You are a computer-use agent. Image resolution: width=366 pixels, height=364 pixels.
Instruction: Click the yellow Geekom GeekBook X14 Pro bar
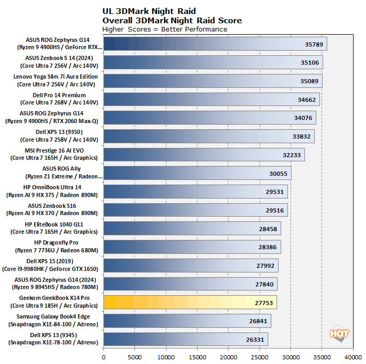tap(190, 302)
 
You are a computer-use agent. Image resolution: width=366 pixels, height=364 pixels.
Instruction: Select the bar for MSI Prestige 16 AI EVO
tap(204, 155)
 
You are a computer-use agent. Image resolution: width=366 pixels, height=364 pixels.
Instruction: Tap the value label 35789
tap(314, 44)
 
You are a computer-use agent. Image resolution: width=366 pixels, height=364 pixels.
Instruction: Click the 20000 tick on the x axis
tap(228, 357)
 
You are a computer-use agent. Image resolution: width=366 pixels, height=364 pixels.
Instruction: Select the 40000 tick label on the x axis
tap(353, 357)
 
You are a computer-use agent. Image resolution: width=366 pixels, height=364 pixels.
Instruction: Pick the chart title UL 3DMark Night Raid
tap(149, 11)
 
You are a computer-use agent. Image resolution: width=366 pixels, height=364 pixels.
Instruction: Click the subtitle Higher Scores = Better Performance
tap(165, 29)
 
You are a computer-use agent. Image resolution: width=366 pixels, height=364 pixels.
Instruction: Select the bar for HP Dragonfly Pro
tap(192, 247)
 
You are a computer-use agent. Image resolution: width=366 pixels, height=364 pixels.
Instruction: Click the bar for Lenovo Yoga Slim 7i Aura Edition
tap(213, 81)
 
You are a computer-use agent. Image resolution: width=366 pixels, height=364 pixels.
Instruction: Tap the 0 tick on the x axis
tap(104, 357)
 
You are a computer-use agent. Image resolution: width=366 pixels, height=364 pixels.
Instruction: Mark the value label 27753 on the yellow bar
tap(264, 302)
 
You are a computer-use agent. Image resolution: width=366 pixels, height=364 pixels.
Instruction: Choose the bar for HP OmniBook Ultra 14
tap(195, 191)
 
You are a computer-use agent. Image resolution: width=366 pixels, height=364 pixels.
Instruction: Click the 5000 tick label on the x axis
tap(135, 357)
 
